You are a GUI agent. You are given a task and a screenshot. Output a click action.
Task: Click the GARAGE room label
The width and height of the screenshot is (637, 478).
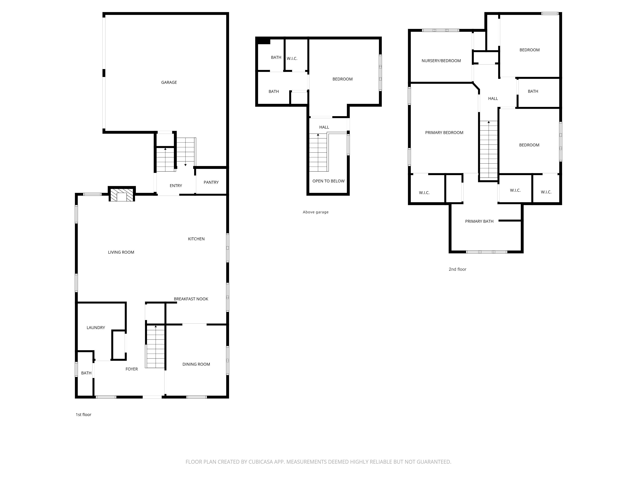[169, 82]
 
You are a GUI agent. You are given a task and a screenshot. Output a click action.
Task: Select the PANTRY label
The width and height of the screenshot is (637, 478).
[211, 182]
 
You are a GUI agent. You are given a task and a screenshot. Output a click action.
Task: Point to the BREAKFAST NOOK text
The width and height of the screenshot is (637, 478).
[191, 299]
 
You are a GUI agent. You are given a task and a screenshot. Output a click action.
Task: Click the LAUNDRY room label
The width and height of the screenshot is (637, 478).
[96, 327]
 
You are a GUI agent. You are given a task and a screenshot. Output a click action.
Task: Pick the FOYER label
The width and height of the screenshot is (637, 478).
[132, 369]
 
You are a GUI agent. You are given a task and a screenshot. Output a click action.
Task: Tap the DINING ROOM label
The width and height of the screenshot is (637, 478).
[196, 364]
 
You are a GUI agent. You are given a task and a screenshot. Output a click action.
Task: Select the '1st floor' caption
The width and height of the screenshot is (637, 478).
[83, 414]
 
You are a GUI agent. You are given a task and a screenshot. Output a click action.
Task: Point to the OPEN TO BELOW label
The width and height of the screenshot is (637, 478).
[328, 181]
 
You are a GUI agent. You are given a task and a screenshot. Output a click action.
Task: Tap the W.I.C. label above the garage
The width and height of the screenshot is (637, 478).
[292, 58]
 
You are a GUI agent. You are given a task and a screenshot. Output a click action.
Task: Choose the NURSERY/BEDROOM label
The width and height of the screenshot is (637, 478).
[441, 61]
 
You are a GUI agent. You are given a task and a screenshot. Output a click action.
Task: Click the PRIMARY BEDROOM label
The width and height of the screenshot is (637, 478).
[444, 133]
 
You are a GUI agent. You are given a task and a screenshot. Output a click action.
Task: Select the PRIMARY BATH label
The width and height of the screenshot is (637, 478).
[479, 221]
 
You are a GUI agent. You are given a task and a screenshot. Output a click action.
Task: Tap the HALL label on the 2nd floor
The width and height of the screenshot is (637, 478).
[493, 98]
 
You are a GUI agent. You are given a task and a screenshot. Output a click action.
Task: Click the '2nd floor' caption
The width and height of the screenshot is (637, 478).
[457, 269]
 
